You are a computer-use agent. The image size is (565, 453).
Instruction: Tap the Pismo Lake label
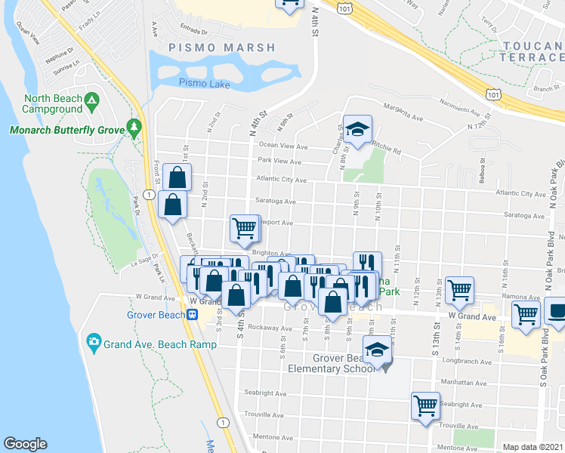205,84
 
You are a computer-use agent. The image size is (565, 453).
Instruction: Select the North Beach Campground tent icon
91,100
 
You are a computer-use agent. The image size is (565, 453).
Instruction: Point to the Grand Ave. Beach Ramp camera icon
94,341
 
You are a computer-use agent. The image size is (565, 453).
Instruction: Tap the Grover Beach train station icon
193,314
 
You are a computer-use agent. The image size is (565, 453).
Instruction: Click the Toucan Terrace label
533,51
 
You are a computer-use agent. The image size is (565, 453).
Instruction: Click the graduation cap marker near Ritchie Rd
357,128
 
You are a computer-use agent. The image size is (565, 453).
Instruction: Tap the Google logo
25,444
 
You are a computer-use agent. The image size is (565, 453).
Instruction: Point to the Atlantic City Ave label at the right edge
520,194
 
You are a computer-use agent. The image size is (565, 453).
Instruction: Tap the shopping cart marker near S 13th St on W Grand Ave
459,288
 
